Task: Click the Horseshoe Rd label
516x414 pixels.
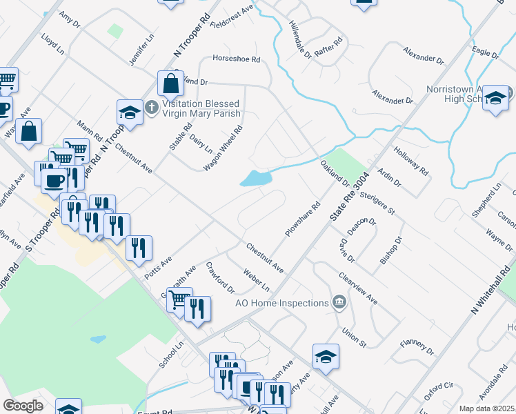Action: [236, 59]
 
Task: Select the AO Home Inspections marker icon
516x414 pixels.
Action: [339, 302]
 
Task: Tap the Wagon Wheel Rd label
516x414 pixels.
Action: [224, 148]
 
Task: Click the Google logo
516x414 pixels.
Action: [23, 406]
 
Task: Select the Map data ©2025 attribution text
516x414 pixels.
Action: [486, 408]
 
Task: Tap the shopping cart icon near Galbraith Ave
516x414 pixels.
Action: [179, 299]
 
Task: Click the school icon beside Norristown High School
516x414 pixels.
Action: [495, 98]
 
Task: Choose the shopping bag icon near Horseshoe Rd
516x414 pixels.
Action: [170, 83]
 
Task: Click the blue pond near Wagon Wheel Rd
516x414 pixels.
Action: [255, 179]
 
